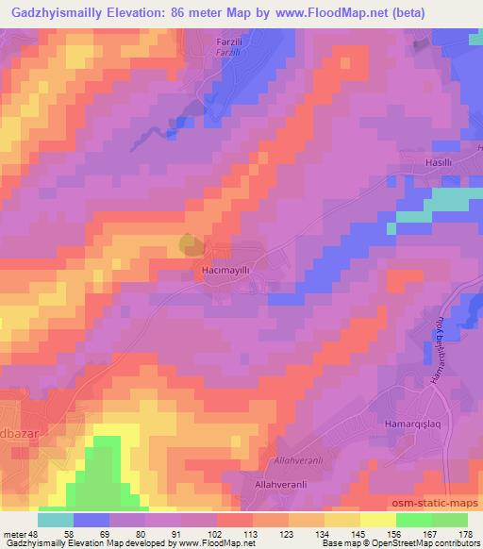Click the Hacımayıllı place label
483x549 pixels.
(225, 269)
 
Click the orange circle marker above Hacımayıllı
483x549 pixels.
(189, 244)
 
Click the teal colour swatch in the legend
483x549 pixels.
(56, 519)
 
